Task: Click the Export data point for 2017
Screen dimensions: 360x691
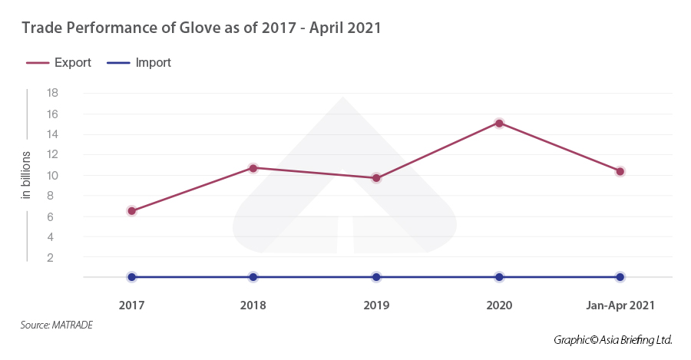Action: pyautogui.click(x=131, y=210)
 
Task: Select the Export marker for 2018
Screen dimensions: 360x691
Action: pyautogui.click(x=253, y=167)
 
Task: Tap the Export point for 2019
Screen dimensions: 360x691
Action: pyautogui.click(x=376, y=178)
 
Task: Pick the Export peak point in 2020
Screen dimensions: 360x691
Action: pyautogui.click(x=499, y=123)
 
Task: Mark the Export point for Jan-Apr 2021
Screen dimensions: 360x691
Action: pyautogui.click(x=620, y=171)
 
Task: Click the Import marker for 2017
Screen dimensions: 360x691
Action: pyautogui.click(x=131, y=276)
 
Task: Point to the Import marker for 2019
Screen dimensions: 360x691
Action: pyautogui.click(x=376, y=276)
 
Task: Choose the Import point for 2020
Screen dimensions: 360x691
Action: pyautogui.click(x=499, y=276)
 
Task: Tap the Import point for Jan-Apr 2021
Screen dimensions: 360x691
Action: pyautogui.click(x=620, y=276)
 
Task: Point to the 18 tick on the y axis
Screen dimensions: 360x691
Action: pyautogui.click(x=53, y=93)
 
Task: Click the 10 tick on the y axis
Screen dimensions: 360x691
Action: pyautogui.click(x=53, y=175)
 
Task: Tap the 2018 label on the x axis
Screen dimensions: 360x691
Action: pyautogui.click(x=253, y=305)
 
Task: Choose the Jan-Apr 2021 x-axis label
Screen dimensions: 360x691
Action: pyautogui.click(x=620, y=305)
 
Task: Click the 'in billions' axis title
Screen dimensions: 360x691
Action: pyautogui.click(x=26, y=175)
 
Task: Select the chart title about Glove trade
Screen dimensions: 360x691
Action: pyautogui.click(x=201, y=28)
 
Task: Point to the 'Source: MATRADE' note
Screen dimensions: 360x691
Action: pyautogui.click(x=56, y=325)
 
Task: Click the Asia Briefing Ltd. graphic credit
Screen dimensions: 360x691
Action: pyautogui.click(x=613, y=339)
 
